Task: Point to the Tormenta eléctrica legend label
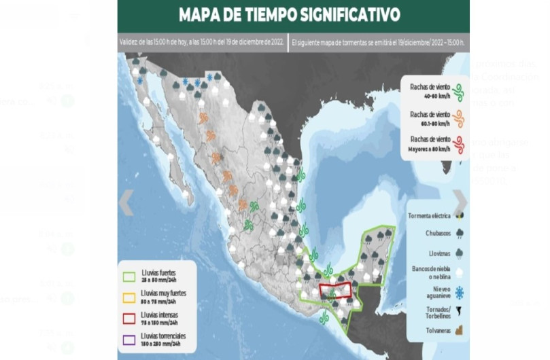(x=429, y=216)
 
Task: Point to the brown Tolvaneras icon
(x=460, y=331)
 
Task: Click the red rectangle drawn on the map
(x=337, y=290)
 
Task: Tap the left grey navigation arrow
(x=126, y=202)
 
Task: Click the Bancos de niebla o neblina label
(x=428, y=272)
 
